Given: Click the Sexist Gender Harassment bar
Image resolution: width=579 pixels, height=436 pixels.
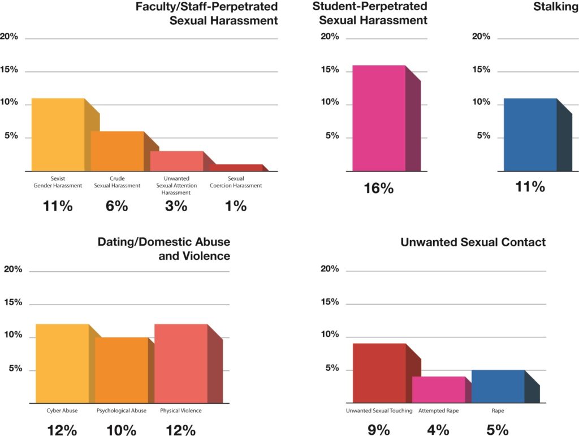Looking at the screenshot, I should click(x=58, y=134).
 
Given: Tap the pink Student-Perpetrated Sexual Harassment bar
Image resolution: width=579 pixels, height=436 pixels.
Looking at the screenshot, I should click(x=379, y=118).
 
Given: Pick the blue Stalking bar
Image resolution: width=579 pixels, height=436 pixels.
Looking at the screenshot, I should click(x=530, y=134).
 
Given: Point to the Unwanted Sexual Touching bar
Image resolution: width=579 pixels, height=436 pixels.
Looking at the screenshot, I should click(x=379, y=372).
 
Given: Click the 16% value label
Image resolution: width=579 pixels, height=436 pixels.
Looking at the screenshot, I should click(x=379, y=189).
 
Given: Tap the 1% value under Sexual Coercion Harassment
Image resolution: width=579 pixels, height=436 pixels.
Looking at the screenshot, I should click(x=236, y=206).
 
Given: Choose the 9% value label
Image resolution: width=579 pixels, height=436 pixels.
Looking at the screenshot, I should click(x=379, y=430).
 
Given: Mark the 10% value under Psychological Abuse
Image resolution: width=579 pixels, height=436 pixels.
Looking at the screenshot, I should click(x=121, y=430).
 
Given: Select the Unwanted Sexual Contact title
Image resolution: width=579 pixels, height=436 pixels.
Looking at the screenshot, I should click(x=473, y=242).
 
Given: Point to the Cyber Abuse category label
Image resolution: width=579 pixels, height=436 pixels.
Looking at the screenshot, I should click(x=62, y=411).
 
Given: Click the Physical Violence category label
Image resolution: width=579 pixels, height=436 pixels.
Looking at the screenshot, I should click(x=180, y=411).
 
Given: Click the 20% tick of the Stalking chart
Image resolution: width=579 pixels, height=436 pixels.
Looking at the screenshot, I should click(x=481, y=37).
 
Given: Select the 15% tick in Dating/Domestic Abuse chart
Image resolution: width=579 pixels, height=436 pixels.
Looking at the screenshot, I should click(x=13, y=302).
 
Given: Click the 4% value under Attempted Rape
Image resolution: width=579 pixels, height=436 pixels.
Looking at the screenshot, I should click(x=438, y=430).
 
